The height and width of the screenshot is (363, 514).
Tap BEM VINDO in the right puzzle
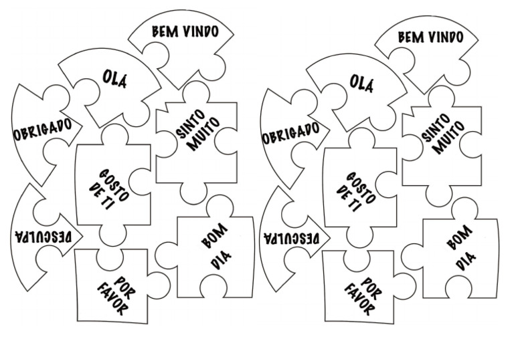point(430,36)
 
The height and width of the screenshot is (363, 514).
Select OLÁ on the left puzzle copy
point(114,79)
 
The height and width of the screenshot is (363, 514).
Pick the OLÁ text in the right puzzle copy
point(361,82)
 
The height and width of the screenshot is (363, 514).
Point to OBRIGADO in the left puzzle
point(43,127)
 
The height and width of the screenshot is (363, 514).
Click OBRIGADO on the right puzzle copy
point(290,131)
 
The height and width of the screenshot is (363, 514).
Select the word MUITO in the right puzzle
point(444,138)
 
